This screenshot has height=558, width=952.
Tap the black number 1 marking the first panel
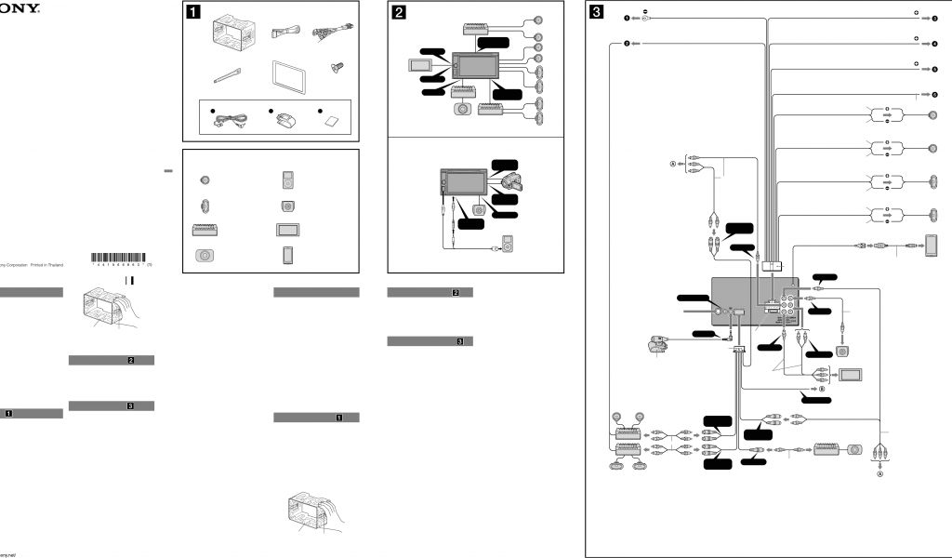pos(193,13)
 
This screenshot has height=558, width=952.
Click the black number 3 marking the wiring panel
pos(597,13)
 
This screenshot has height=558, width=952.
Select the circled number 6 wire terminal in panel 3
pos(936,95)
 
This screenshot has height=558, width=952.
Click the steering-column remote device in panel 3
pos(655,346)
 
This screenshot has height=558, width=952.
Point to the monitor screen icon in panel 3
pos(851,376)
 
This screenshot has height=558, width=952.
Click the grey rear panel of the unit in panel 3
pos(753,303)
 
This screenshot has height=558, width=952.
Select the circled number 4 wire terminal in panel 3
pos(936,44)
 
